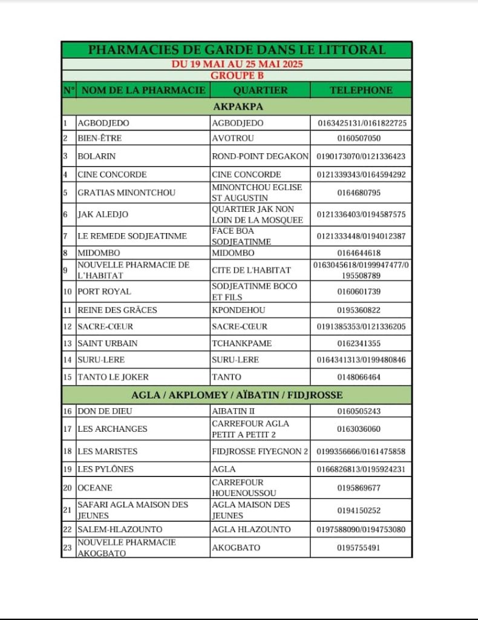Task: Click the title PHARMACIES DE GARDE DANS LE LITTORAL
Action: tap(237, 50)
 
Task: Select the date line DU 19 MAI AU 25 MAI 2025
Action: tap(237, 64)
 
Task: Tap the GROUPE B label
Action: tap(237, 76)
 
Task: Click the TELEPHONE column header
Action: tap(361, 90)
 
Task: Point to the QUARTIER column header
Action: tap(260, 90)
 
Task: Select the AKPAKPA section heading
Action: tap(237, 107)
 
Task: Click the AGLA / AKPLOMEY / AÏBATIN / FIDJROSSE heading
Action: tap(237, 395)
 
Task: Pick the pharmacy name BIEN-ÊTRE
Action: tap(100, 138)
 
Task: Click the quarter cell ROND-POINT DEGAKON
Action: tap(260, 156)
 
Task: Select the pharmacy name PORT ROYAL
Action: tap(104, 291)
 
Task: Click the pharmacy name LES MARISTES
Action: tap(108, 451)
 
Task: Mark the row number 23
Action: tap(68, 547)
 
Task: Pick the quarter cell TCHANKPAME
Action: tap(242, 343)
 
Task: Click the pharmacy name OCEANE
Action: tap(95, 487)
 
